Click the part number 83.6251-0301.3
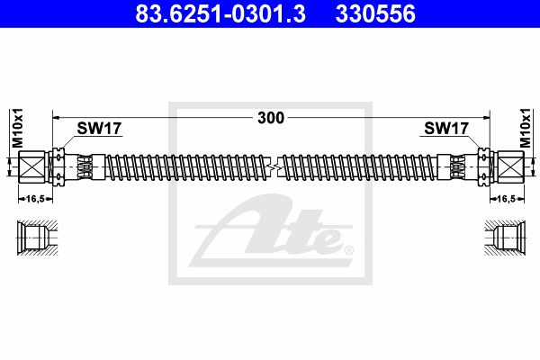point(220,13)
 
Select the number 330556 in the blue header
point(375,13)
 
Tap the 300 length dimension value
point(271,118)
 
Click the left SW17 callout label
point(99,129)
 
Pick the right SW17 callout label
point(446,129)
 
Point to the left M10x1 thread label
point(17,128)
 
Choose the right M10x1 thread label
point(526,128)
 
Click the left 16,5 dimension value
point(35,199)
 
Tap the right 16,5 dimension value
point(507,199)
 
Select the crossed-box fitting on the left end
point(31,166)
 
